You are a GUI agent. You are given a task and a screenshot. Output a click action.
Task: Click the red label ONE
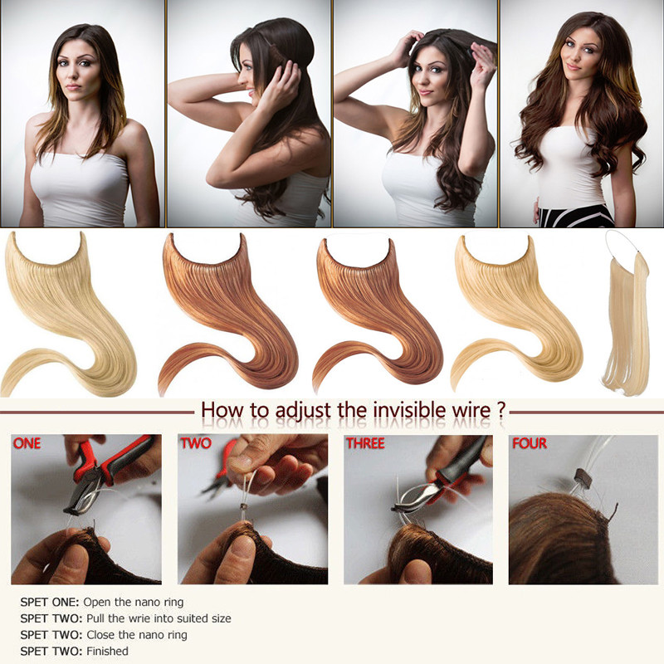coord(27,444)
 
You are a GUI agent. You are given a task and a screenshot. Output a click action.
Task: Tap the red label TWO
coord(196,444)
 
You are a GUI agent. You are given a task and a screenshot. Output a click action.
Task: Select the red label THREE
coord(365,444)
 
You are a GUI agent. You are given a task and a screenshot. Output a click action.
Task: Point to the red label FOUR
coord(530,444)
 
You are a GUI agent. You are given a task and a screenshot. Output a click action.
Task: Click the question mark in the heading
coord(501,410)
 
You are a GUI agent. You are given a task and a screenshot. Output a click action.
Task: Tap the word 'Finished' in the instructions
coord(106,652)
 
